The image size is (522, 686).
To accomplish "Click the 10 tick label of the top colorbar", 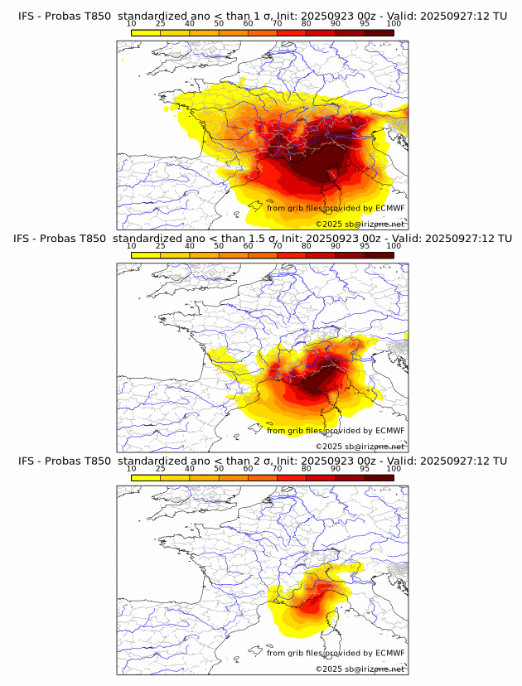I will point(132,24).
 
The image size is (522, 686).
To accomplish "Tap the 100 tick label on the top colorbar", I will point(394,24).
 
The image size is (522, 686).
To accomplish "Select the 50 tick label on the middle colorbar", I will point(219,246).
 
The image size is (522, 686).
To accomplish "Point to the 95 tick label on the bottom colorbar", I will point(365,468).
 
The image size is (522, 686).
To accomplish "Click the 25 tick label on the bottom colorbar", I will point(161,468).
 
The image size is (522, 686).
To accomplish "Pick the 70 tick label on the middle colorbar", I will point(277,246).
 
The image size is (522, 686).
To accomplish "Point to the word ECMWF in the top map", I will point(389,208).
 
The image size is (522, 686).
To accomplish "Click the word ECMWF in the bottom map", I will point(389,654).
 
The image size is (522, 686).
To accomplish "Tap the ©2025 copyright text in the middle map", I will point(328,446).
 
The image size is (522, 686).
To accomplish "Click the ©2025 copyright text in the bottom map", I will point(328,669).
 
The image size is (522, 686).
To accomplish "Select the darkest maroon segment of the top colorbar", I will point(379,32).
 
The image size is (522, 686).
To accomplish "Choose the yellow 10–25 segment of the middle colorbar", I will point(146,254).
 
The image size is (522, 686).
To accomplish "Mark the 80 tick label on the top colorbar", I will point(307,24).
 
